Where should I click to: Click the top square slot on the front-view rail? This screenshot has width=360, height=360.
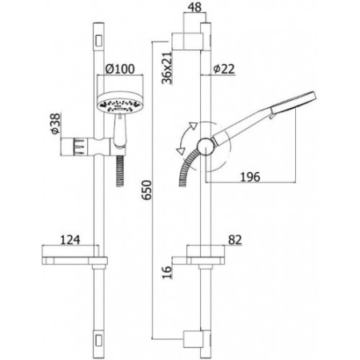[98, 39]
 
